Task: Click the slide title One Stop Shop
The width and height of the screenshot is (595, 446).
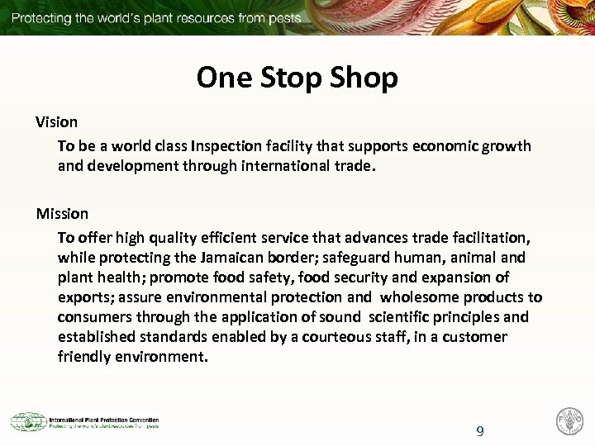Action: click(x=297, y=78)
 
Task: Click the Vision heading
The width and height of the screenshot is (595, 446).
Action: click(x=56, y=122)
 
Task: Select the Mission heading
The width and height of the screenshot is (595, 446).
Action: click(x=62, y=214)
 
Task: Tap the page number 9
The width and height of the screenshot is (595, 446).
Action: click(x=480, y=431)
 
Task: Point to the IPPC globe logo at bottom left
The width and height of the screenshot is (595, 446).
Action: click(x=27, y=422)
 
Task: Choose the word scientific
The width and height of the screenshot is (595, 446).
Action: click(x=406, y=317)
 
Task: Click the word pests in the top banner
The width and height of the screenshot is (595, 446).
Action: click(x=282, y=17)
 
